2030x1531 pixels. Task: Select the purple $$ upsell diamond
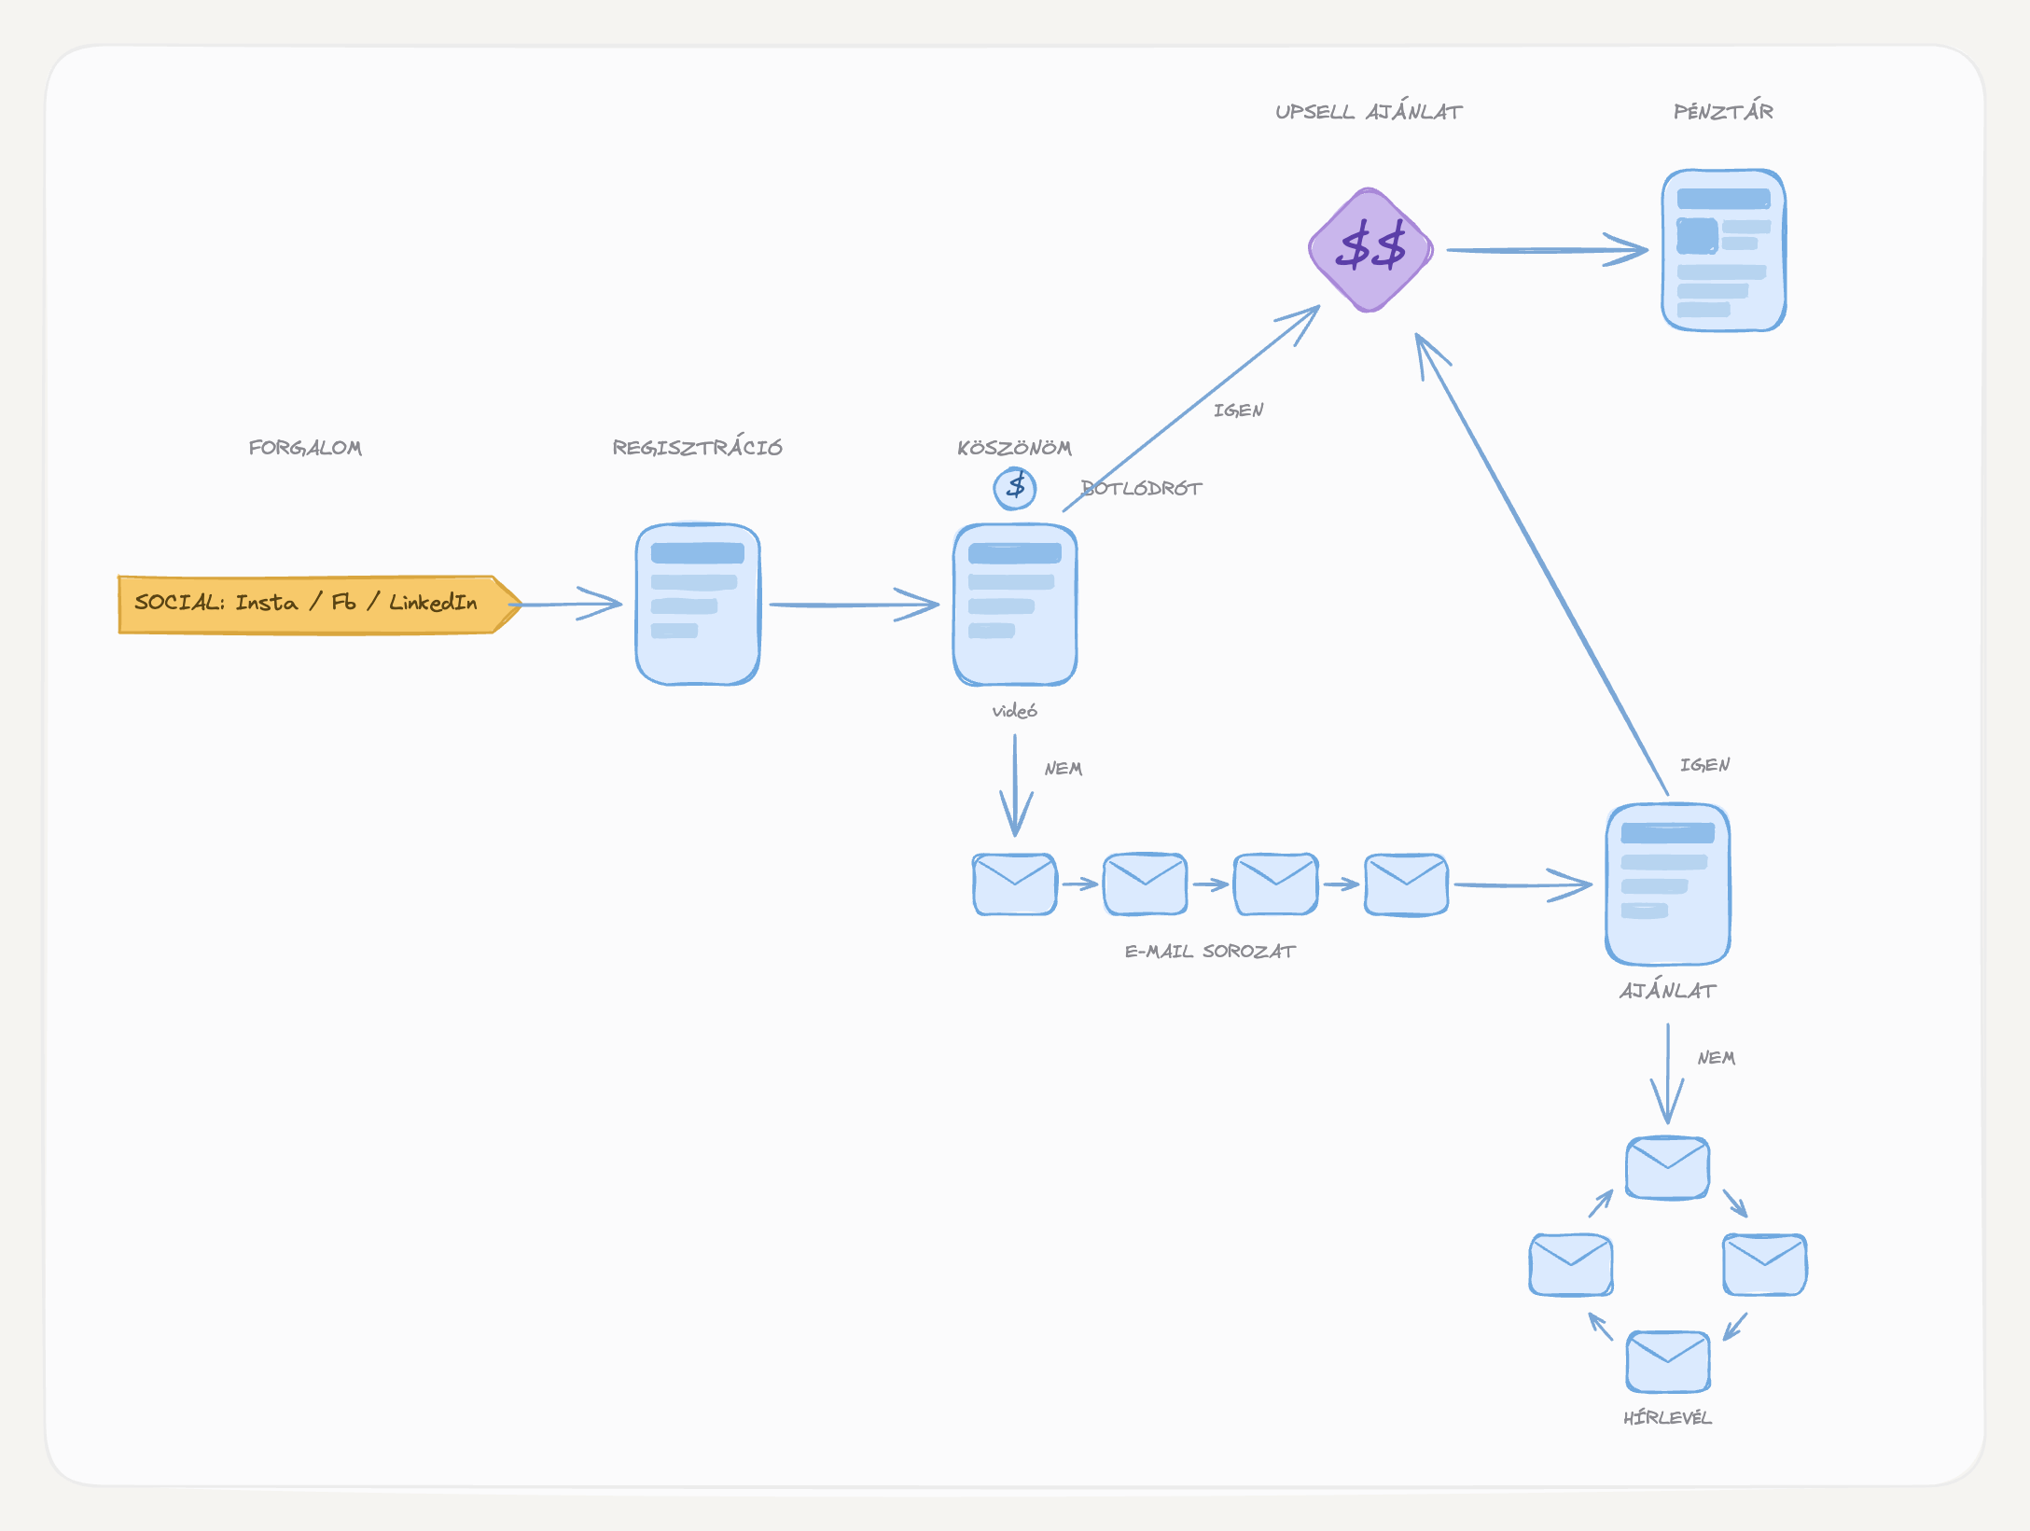[x=1370, y=250]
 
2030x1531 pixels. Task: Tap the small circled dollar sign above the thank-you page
[x=1015, y=488]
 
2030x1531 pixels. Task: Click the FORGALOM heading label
[x=305, y=448]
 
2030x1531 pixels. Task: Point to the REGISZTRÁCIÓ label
[x=697, y=447]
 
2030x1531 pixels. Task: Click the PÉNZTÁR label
[x=1723, y=111]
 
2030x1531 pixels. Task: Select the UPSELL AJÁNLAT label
[x=1369, y=111]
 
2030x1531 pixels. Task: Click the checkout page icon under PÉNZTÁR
[x=1724, y=250]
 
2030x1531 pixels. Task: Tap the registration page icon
[x=698, y=605]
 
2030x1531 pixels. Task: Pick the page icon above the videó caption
[x=1015, y=605]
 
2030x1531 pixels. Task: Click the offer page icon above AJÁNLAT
[x=1668, y=884]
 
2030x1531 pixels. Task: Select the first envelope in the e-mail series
[x=1015, y=884]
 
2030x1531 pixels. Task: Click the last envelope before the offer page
[x=1407, y=884]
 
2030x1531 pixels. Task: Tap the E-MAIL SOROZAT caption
[x=1210, y=951]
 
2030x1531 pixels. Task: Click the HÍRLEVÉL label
[x=1668, y=1417]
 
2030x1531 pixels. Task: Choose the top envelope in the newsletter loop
[x=1668, y=1167]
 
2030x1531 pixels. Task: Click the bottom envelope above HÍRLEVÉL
[x=1668, y=1362]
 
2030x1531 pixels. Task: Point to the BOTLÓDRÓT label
[x=1142, y=488]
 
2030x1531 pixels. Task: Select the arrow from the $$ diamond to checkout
[x=1548, y=250]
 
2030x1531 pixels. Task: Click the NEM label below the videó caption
[x=1064, y=769]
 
